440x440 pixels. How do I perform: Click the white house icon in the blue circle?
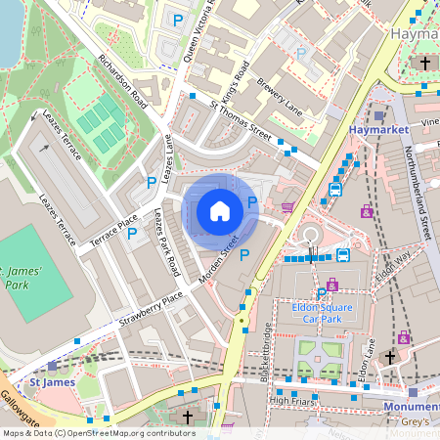(220, 211)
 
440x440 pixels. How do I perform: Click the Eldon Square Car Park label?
(321, 311)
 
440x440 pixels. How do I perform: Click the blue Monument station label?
(410, 406)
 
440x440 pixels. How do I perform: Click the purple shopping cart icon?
(287, 207)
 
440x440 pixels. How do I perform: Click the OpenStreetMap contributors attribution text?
(98, 432)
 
